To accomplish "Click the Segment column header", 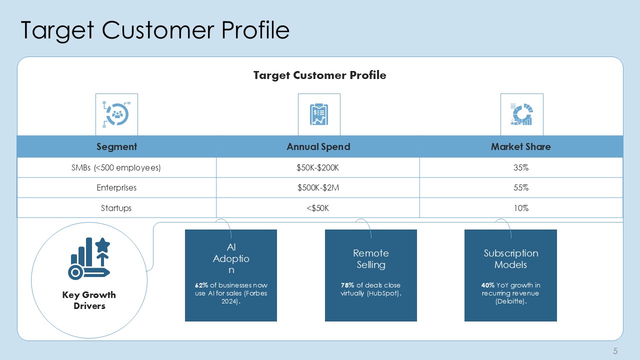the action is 116,146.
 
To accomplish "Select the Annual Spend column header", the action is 318,146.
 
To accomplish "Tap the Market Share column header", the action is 520,146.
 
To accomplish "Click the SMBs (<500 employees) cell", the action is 116,167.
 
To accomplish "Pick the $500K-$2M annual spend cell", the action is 318,187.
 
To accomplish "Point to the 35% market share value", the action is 521,167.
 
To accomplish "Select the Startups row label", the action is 116,208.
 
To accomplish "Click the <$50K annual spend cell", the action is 317,208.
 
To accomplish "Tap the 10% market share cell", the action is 521,208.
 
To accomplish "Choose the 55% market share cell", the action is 521,187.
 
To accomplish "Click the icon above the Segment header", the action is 116,114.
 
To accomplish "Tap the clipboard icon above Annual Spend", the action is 319,114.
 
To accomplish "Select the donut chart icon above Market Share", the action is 521,114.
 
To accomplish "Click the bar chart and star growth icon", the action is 89,258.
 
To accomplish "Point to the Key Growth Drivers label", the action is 89,300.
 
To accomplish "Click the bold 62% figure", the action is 201,285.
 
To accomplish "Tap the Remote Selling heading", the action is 371,259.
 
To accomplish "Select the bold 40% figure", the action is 487,285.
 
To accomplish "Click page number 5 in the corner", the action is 615,351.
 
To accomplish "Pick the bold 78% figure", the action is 347,285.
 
